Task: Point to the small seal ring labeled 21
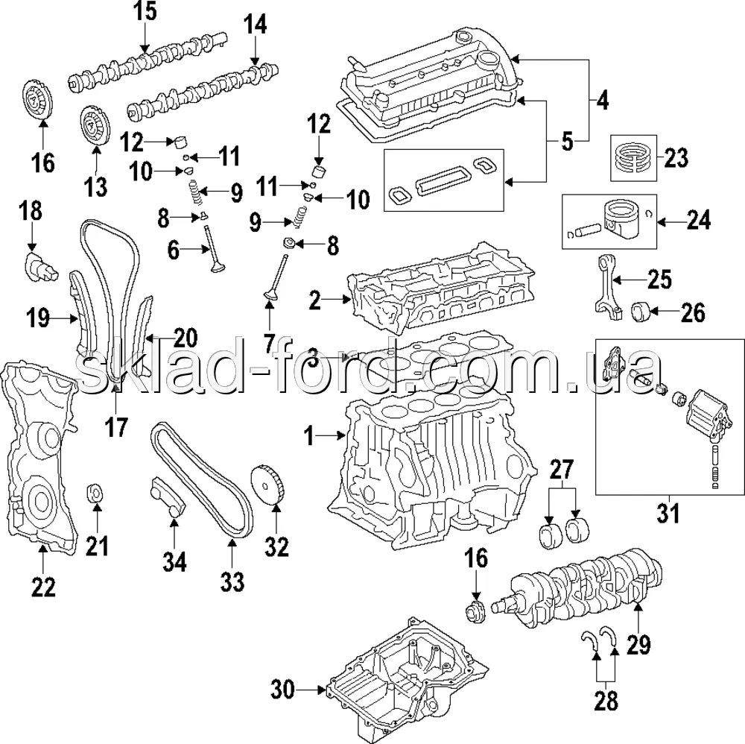95,493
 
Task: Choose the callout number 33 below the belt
232,581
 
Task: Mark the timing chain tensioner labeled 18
39,265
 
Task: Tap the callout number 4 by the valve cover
602,100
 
